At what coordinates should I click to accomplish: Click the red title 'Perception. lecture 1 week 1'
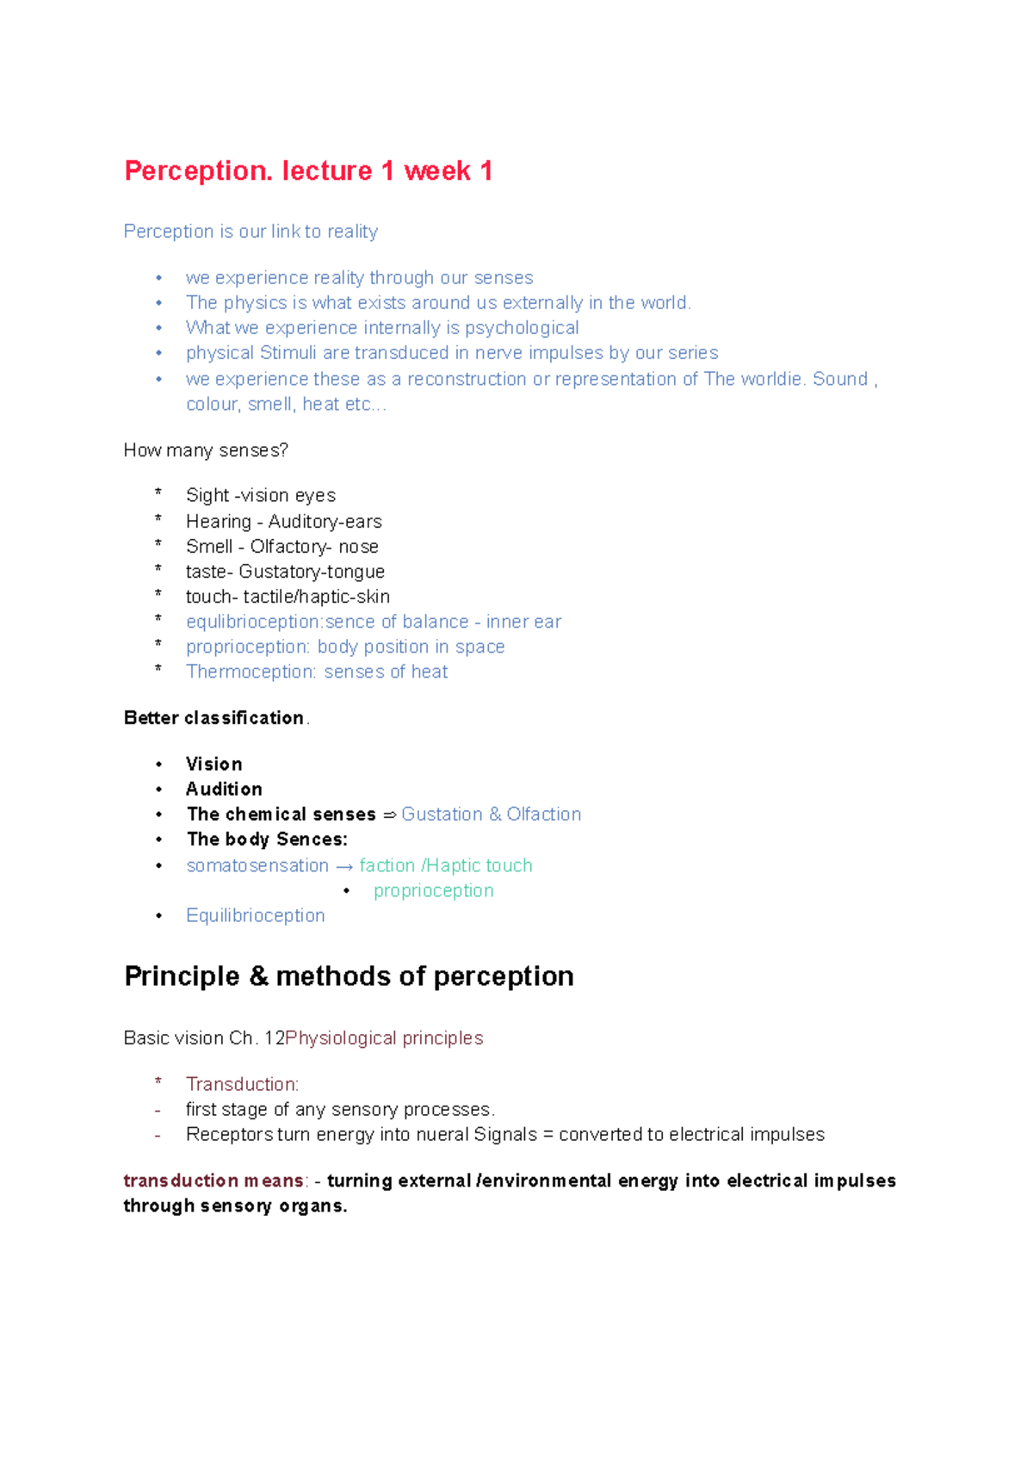[308, 170]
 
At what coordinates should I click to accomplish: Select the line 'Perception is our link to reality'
[251, 232]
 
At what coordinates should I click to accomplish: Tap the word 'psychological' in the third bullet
[522, 328]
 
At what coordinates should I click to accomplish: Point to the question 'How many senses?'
[206, 450]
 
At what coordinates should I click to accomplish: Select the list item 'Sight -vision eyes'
[260, 496]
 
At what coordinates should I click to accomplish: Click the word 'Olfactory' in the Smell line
[288, 547]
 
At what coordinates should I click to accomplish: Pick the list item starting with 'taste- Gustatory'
[285, 572]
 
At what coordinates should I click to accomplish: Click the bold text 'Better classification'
[213, 718]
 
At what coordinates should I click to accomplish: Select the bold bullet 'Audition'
[224, 790]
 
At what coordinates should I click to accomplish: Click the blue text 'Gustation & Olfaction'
[491, 815]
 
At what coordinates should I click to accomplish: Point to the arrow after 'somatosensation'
[343, 866]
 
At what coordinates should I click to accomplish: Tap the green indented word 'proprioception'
[433, 891]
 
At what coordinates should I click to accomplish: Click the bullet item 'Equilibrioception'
[255, 916]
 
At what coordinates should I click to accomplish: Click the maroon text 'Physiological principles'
[384, 1038]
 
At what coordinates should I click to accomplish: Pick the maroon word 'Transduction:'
[242, 1085]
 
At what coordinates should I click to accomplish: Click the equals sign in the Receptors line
[547, 1135]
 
